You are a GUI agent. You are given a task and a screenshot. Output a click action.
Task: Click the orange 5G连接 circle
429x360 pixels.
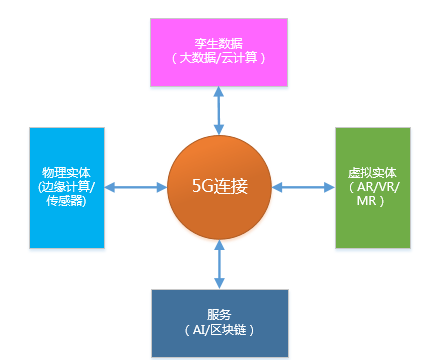tap(219, 187)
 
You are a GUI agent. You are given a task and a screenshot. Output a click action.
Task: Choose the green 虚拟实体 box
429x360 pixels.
tap(373, 187)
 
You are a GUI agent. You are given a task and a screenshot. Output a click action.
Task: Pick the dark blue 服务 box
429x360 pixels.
tap(219, 323)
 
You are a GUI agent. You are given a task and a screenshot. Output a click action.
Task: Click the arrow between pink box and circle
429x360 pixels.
tap(219, 110)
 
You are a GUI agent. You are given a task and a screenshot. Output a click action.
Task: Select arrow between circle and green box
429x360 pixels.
tap(304, 187)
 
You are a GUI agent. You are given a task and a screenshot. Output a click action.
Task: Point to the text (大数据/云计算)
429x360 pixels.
tap(219, 60)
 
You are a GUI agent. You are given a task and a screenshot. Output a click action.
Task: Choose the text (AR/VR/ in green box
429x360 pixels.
tap(373, 187)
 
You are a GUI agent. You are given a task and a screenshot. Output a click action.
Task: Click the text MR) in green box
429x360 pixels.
tap(373, 202)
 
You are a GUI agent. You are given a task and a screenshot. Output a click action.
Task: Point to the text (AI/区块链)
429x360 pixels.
tap(219, 331)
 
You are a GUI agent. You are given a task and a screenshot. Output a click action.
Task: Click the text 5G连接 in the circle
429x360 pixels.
tap(219, 187)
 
